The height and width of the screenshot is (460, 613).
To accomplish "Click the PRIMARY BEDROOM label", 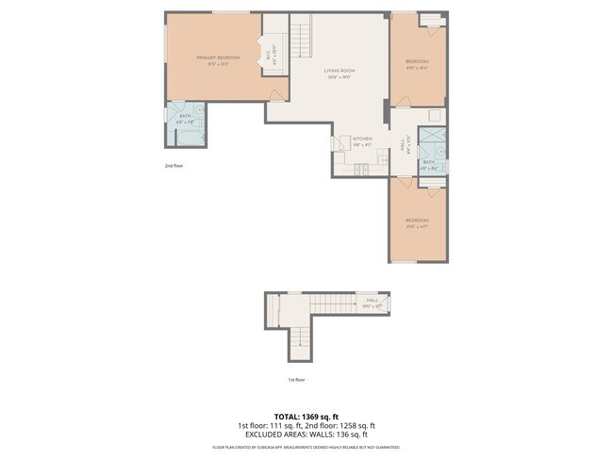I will [x=218, y=58].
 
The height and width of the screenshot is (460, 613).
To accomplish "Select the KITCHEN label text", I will [x=362, y=139].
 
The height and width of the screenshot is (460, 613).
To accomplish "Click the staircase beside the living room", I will [x=302, y=39].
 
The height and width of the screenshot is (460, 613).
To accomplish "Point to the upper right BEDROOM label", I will [x=416, y=62].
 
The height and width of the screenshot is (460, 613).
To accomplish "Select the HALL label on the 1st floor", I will [x=372, y=301].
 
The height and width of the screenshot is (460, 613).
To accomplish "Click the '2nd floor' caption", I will [x=174, y=165].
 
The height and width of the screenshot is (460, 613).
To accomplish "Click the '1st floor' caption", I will [x=296, y=380].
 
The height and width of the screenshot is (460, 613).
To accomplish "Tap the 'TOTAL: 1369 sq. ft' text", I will [x=306, y=416].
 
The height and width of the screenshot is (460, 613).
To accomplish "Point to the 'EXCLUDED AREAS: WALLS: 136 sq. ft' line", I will [x=306, y=434].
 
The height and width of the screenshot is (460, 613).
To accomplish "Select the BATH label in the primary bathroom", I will [x=184, y=116].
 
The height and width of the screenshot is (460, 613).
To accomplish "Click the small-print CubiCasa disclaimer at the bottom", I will [x=306, y=447].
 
